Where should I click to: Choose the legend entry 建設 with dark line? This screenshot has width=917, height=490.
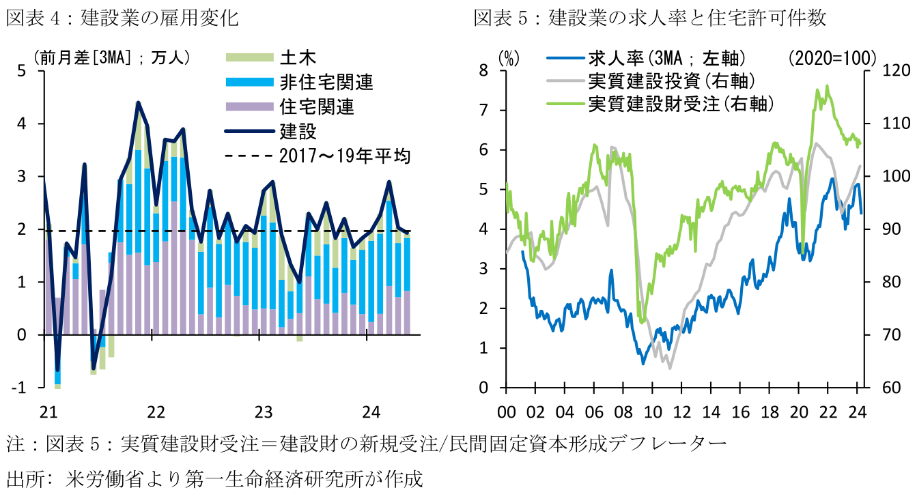(x=298, y=130)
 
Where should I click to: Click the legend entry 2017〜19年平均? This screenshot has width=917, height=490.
(x=345, y=156)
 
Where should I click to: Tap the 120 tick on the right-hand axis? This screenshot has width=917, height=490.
(x=889, y=71)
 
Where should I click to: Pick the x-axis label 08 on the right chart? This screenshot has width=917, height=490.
(x=623, y=412)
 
